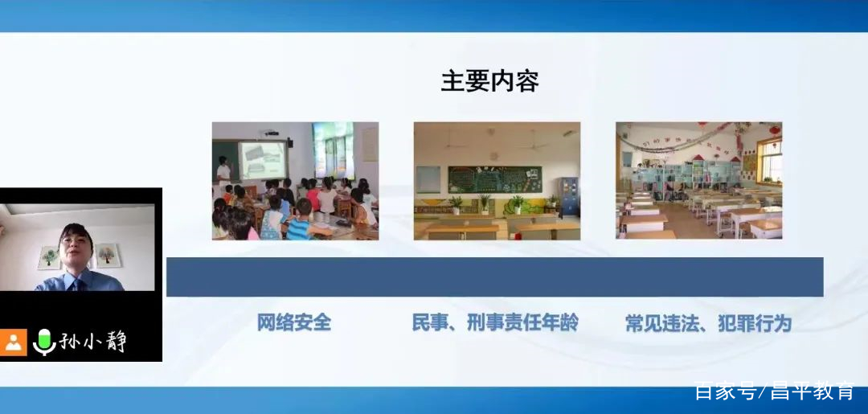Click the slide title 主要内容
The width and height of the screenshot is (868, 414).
coord(489,82)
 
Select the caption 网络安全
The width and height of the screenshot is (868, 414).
coord(294,322)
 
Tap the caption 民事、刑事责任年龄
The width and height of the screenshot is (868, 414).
coord(495,322)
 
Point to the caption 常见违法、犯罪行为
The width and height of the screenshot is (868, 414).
coord(708,323)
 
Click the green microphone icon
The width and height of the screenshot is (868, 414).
coord(43,342)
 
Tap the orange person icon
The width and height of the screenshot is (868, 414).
coord(14,342)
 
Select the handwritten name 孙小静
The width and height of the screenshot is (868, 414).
coord(92,342)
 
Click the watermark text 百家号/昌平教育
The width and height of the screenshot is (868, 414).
coord(774,391)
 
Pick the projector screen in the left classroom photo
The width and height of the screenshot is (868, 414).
coord(263,161)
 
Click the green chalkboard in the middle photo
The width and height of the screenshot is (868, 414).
coord(494,178)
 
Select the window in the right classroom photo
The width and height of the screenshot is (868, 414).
coord(769,162)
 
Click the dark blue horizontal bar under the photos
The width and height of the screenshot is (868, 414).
coord(494,277)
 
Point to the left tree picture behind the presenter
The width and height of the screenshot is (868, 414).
coord(49,258)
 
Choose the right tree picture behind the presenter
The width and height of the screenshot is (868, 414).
coord(107,255)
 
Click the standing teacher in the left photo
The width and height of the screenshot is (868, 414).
coord(223,173)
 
